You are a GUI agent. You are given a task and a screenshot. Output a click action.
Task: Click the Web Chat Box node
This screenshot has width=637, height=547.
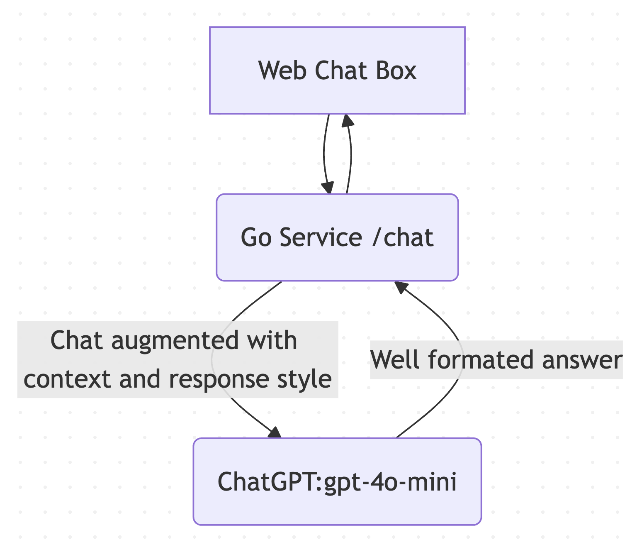point(337,70)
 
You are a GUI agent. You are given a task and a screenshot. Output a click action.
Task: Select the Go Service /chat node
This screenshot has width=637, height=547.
point(337,237)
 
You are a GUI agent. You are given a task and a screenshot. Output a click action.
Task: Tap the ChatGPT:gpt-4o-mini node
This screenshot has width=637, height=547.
point(337,481)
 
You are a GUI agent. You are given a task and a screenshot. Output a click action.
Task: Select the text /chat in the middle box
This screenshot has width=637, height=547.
point(403,237)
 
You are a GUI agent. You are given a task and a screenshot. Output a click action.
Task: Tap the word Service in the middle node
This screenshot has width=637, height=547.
point(321,237)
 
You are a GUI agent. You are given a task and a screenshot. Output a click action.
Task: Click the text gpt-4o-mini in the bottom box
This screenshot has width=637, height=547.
point(390,481)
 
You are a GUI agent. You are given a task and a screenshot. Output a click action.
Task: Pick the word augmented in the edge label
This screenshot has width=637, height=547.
point(175,341)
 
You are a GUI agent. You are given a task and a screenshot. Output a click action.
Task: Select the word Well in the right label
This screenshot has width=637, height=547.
point(396,359)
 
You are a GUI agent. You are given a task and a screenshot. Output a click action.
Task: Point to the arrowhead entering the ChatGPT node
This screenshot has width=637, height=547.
point(275,432)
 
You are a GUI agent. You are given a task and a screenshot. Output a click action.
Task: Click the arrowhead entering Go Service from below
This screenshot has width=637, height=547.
point(401,286)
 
